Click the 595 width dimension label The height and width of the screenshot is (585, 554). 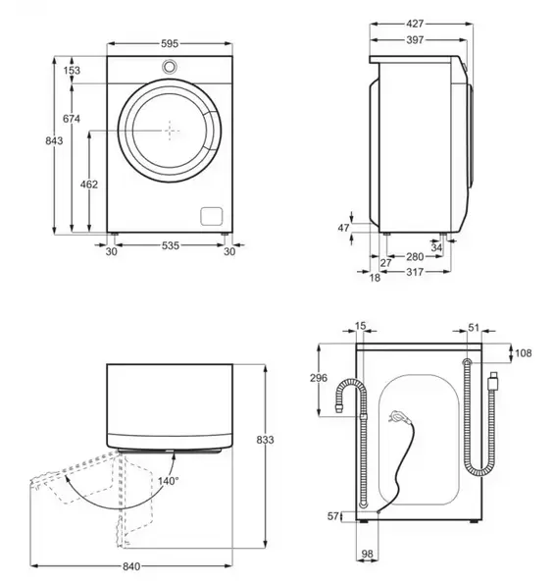(170, 43)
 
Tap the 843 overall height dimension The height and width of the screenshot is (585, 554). (54, 140)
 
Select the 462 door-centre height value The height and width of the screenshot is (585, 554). (89, 184)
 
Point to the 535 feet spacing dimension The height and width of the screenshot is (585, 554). (171, 245)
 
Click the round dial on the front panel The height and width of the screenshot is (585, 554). (170, 67)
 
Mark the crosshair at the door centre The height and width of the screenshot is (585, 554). (170, 131)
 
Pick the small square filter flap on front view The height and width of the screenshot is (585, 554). (212, 216)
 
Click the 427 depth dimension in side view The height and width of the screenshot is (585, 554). (415, 24)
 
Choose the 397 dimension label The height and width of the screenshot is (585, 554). (415, 39)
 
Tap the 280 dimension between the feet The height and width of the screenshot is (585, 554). (415, 257)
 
